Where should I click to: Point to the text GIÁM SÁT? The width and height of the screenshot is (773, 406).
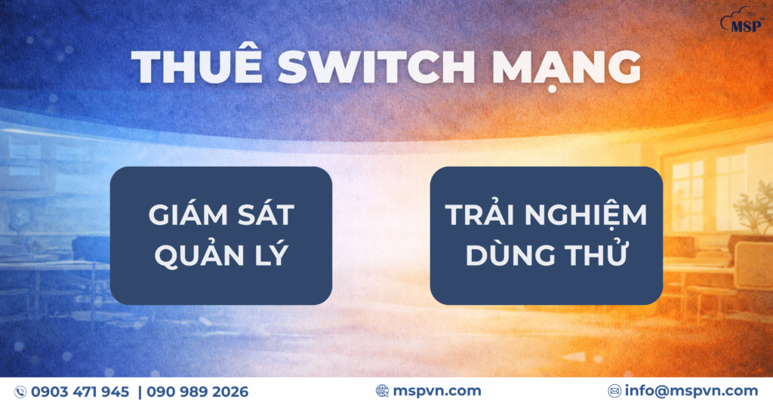pos(220,215)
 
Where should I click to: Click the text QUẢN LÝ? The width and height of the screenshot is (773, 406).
pos(220,256)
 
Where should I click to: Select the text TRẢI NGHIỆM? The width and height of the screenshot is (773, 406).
pos(546,215)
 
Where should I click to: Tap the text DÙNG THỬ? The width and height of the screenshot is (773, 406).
pos(546,256)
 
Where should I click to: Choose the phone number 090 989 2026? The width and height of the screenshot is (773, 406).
pos(197,391)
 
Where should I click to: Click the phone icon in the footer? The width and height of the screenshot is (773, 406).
pos(20,391)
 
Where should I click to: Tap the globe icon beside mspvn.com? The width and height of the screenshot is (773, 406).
pos(382,391)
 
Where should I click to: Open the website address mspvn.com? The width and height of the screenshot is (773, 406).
pos(436,391)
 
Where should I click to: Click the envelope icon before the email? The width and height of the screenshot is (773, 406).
pos(614,391)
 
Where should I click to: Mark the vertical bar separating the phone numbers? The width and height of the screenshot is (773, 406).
pos(140,391)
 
